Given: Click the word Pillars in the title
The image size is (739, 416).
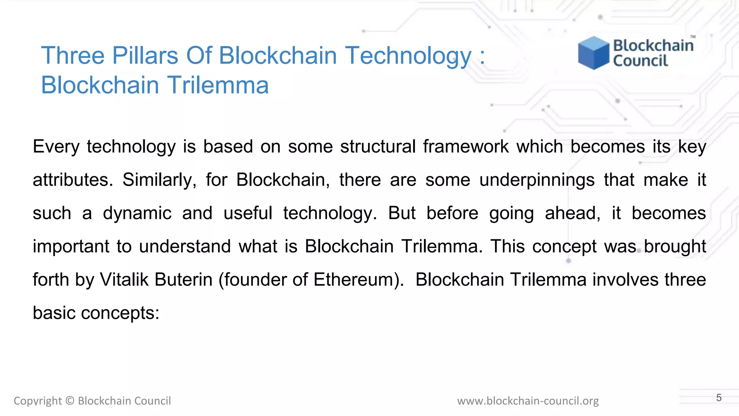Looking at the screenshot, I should click(145, 56).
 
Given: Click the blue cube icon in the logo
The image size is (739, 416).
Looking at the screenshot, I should click(593, 53).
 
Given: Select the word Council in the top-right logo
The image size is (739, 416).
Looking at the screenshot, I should click(640, 61).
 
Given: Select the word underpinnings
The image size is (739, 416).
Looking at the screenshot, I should click(537, 180).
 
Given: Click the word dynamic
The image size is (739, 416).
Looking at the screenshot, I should click(137, 213).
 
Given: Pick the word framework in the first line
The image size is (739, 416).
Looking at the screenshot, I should click(466, 147).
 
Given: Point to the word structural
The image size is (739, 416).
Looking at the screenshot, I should click(378, 147).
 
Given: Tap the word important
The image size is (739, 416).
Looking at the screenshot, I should click(71, 246).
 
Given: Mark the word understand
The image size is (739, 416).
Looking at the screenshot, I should click(185, 246).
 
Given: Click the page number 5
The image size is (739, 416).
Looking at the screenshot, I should click(719, 398).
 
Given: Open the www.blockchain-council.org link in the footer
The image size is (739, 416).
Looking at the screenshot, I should click(528, 401).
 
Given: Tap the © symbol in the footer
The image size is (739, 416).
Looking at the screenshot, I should click(70, 401).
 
